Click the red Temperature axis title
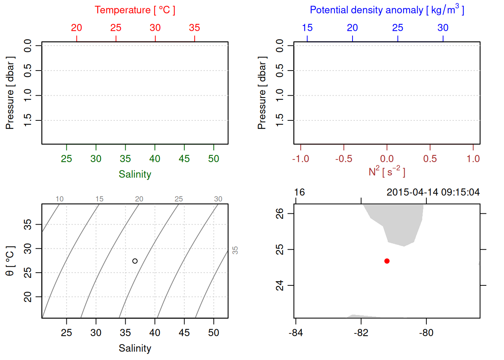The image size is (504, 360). [135, 10]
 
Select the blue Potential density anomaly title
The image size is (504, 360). [387, 10]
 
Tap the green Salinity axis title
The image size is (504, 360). [135, 174]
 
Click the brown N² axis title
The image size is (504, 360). [387, 172]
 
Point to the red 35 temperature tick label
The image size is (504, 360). [194, 28]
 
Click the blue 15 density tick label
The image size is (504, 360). [307, 28]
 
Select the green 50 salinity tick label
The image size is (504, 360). [213, 159]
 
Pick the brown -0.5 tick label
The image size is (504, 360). [343, 159]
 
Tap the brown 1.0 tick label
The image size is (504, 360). [473, 159]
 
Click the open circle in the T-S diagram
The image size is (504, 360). [135, 261]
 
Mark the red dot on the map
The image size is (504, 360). [387, 261]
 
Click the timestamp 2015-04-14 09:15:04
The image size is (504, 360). [433, 192]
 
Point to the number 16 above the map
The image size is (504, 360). [299, 192]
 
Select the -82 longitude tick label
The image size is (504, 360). [361, 333]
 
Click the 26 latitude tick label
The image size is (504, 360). [280, 213]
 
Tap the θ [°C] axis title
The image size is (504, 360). [10, 261]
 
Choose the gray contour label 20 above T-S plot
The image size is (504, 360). [139, 199]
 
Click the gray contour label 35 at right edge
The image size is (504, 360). [235, 250]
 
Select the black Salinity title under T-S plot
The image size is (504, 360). [135, 348]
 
